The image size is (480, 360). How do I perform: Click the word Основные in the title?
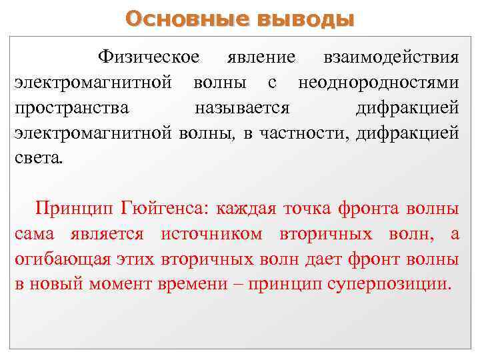[x=187, y=18]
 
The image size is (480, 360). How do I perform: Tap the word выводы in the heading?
[x=306, y=18]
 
